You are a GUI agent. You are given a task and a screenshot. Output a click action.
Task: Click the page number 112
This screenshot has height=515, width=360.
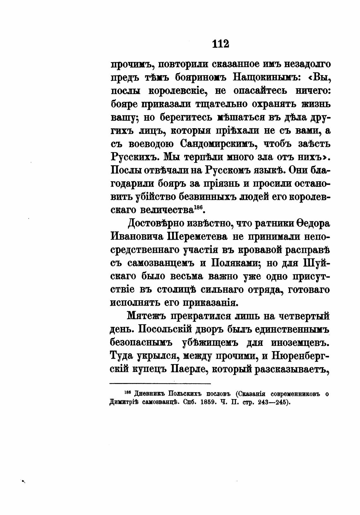220,43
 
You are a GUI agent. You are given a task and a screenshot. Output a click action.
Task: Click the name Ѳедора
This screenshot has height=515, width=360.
307,224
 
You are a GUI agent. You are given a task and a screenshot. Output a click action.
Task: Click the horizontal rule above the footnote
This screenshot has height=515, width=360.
160,384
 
